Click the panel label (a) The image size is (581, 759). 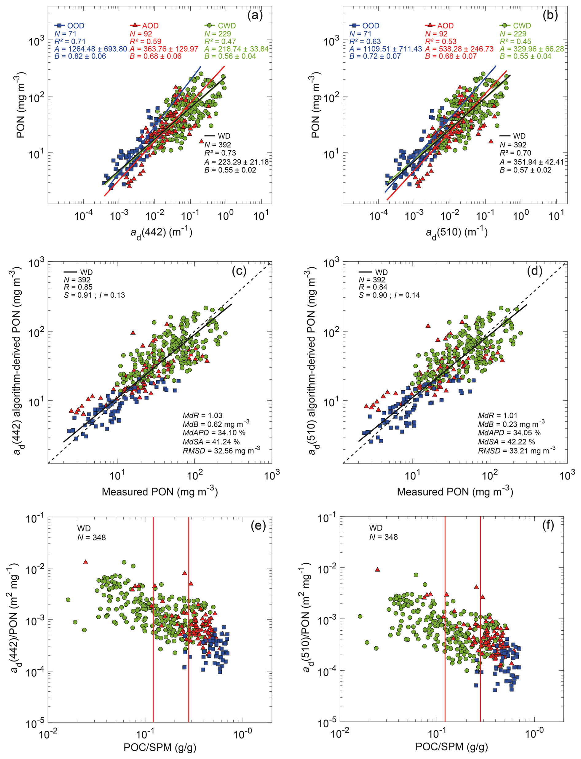[255, 16]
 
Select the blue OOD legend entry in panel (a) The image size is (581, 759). [69, 25]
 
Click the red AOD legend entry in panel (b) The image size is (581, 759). [439, 25]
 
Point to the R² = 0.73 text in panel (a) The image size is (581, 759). [220, 153]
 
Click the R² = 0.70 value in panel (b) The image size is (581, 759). [515, 153]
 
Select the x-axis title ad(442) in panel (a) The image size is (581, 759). [161, 233]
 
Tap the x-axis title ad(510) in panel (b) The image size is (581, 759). [457, 233]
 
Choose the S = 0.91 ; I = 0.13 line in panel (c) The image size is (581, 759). [94, 295]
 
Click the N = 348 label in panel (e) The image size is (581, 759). [91, 537]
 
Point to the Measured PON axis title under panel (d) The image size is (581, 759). [455, 492]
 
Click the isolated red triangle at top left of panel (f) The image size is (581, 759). [378, 569]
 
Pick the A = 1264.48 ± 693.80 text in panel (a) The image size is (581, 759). [91, 49]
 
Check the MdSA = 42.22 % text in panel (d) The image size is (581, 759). [506, 442]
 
